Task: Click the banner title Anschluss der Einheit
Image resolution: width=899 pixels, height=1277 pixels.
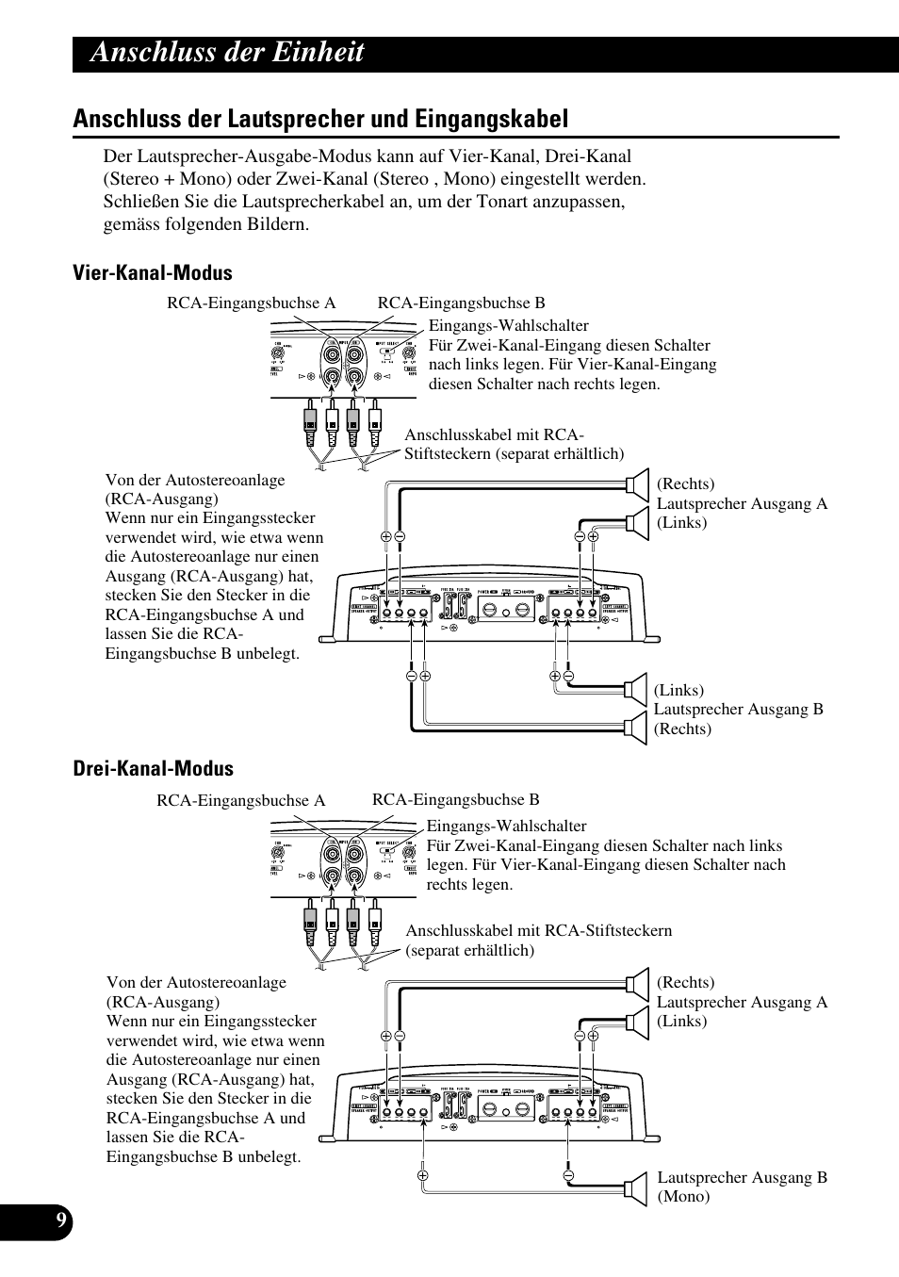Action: point(227,53)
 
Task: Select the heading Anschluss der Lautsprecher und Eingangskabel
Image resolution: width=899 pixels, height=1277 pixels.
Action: point(320,119)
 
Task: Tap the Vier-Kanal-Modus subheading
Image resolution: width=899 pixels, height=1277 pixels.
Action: point(153,273)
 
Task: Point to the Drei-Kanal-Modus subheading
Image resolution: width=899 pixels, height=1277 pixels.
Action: point(154,769)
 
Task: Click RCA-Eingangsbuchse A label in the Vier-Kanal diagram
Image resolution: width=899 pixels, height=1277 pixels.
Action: point(251,303)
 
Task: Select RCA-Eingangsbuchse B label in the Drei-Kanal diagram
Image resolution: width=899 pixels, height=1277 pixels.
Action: point(455,799)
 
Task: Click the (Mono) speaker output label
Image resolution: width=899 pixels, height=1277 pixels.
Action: point(683,1196)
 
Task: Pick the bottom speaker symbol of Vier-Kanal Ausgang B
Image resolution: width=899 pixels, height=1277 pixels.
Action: point(638,726)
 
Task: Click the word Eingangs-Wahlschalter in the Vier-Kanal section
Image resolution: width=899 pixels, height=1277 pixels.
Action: point(509,326)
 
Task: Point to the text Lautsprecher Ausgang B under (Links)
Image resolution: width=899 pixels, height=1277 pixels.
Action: point(738,709)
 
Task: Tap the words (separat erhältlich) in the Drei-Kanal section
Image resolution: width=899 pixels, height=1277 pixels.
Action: point(469,950)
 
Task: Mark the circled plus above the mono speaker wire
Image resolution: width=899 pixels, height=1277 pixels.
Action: point(423,1175)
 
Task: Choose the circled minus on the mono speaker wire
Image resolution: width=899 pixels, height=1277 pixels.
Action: point(569,1175)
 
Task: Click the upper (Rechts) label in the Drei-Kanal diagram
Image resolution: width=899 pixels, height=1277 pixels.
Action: point(685,982)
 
